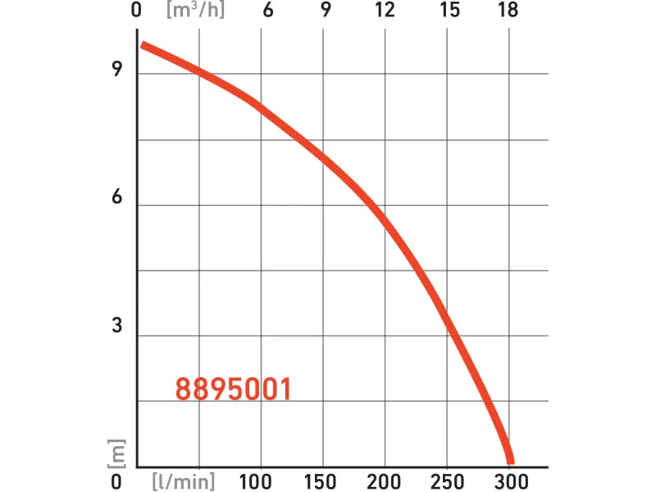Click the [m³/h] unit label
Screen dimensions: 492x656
pyautogui.click(x=195, y=11)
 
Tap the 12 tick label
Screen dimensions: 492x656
pyautogui.click(x=385, y=11)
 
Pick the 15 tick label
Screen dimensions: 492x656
pyautogui.click(x=449, y=11)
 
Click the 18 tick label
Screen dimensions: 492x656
pyautogui.click(x=508, y=11)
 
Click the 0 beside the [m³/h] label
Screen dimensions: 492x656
pyautogui.click(x=137, y=11)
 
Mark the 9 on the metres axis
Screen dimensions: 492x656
pyautogui.click(x=117, y=71)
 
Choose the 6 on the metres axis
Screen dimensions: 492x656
pyautogui.click(x=117, y=198)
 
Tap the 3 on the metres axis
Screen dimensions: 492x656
pyautogui.click(x=117, y=326)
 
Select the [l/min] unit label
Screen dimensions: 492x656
pyautogui.click(x=189, y=480)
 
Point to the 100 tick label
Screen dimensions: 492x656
pyautogui.click(x=260, y=480)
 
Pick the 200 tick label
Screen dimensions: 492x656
pyautogui.click(x=385, y=480)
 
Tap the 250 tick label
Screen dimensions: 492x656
pyautogui.click(x=448, y=480)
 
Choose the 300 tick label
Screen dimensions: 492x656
pyautogui.click(x=510, y=480)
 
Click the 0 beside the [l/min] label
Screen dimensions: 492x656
pyautogui.click(x=116, y=480)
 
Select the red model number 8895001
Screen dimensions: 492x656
pyautogui.click(x=234, y=389)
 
